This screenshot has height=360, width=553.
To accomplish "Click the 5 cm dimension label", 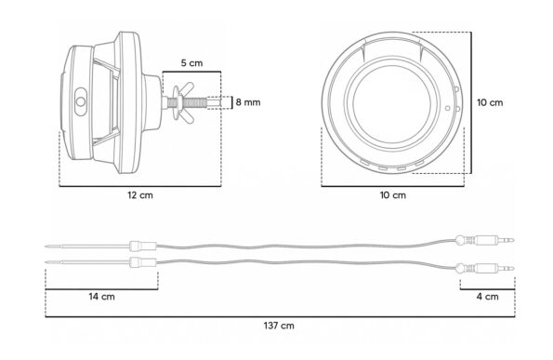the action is point(191,63).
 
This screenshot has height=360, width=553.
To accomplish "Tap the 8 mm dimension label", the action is point(248,102).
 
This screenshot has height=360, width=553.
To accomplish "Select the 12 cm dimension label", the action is point(140,195).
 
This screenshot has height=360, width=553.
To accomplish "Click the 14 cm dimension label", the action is point(101,297).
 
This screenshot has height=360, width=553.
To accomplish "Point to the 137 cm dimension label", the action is point(279,326).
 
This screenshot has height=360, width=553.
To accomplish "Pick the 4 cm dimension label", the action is point(487,297).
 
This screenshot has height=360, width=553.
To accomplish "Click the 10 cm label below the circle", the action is point(392,195).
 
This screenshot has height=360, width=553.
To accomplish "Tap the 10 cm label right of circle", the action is point(490,102).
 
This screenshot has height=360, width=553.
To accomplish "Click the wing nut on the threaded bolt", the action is point(183,102).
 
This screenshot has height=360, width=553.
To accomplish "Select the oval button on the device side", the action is point(81,101).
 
